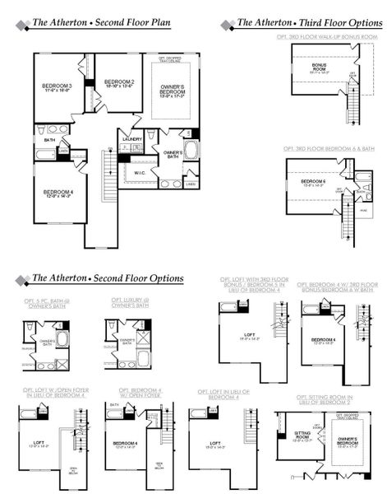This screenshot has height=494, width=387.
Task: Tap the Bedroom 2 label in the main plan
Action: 120,82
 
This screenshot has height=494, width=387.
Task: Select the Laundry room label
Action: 132,139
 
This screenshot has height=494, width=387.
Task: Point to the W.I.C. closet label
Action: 140,172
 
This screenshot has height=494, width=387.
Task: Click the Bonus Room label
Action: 320,66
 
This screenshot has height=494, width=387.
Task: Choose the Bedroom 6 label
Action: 313,181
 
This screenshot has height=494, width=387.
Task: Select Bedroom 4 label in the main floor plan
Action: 57,193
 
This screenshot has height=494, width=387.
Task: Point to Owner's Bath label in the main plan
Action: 173,153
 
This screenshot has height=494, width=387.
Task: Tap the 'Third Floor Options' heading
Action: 308,24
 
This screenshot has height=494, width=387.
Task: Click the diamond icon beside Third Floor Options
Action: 228,24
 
